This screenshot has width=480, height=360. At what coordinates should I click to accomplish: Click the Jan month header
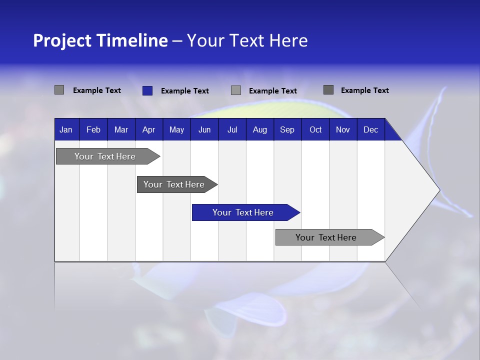point(66,129)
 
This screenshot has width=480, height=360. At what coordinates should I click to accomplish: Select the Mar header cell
point(121,129)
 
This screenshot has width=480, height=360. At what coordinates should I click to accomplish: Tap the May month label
point(176,129)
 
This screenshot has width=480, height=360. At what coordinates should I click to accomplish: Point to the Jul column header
point(232,129)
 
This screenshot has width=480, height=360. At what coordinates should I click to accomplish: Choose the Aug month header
point(259,129)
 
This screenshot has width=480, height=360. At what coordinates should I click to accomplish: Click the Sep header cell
point(287,129)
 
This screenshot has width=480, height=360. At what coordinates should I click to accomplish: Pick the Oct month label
point(315,129)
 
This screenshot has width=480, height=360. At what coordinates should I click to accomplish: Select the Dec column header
point(370,129)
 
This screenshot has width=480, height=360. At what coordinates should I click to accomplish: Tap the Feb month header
point(93,129)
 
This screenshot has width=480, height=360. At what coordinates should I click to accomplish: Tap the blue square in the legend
point(147,90)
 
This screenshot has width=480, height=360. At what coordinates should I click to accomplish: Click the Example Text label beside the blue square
point(184,91)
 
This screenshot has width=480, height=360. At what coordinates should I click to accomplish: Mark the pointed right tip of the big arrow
point(438,189)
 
